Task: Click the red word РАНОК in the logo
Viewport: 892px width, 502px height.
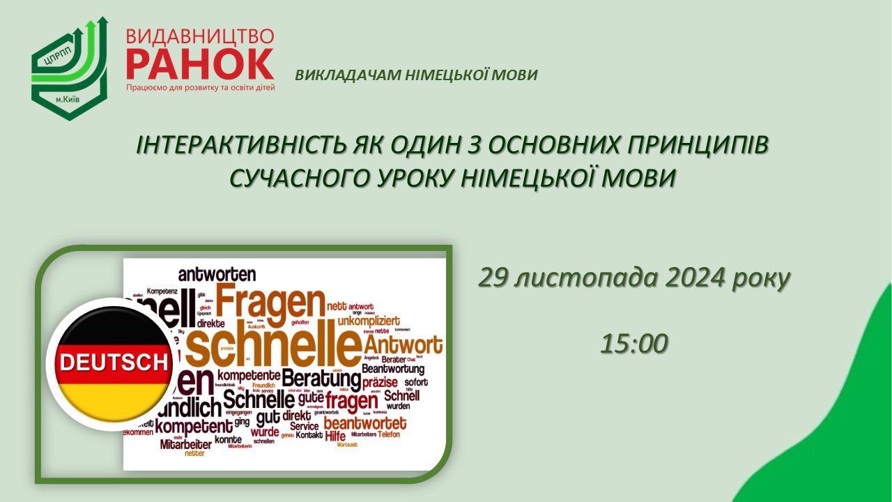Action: (x=200, y=64)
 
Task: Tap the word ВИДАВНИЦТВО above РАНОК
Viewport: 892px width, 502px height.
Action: (x=200, y=36)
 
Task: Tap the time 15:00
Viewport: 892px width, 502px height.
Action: (x=634, y=342)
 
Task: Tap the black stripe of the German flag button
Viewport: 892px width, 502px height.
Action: (x=111, y=332)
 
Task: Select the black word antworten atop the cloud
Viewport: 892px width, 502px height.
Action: (x=217, y=274)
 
